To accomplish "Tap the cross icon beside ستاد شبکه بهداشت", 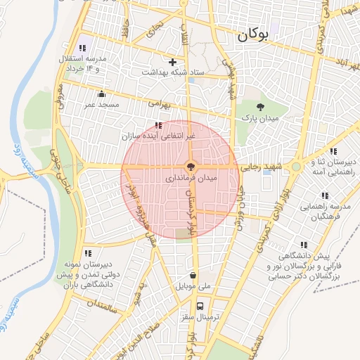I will pos(172,63).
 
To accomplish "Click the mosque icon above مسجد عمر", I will pos(102,94).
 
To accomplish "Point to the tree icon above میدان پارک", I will pos(261,108).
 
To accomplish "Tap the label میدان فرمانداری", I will pos(192,179).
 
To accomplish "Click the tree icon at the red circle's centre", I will pos(190,167).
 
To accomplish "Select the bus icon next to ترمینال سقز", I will pos(200,306).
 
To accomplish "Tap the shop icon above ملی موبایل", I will pos(193,276).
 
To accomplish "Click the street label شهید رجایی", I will pos(261,167).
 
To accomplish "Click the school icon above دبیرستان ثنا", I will pos(333,151).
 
